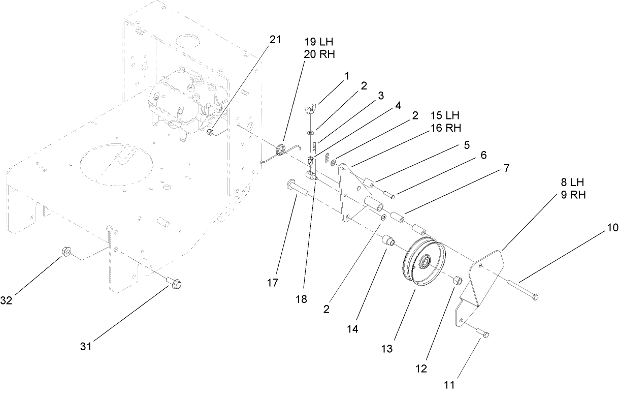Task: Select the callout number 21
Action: (x=275, y=41)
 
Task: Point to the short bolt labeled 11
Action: (x=483, y=333)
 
